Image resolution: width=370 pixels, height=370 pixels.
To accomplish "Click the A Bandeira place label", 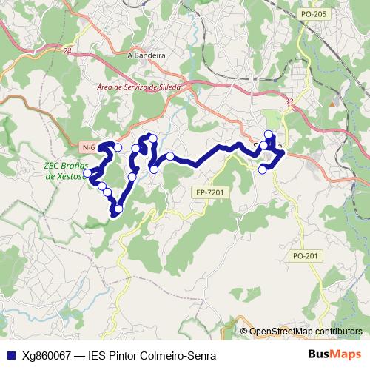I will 146,55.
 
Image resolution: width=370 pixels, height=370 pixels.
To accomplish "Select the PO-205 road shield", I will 314,13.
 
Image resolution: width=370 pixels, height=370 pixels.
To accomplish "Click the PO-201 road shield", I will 305,255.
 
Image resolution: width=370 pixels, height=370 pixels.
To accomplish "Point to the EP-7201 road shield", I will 210,192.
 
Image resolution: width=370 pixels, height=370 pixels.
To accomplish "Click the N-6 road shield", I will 89,148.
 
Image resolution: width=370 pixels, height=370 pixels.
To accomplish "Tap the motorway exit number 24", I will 68,51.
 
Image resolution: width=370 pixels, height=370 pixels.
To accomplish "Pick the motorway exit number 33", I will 289,101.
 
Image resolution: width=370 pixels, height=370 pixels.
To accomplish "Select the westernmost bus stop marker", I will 88,174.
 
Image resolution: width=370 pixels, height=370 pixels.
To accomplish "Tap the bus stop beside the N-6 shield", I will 118,147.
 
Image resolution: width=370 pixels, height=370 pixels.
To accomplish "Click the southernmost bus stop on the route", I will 118,209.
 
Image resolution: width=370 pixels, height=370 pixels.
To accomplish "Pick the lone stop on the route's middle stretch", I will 170,156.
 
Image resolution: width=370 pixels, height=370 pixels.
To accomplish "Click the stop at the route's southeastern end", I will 262,170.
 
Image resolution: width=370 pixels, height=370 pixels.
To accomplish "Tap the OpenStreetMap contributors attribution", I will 306,332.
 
